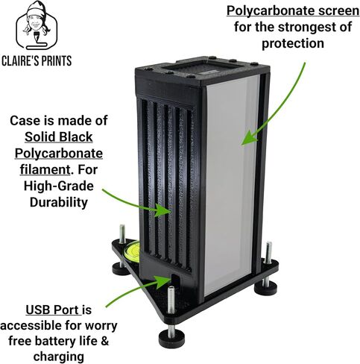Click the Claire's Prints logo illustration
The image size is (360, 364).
pyautogui.click(x=37, y=25)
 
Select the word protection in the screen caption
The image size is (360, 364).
pyautogui.click(x=293, y=43)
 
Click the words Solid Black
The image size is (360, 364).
pyautogui.click(x=59, y=136)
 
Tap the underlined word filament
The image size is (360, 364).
pyautogui.click(x=45, y=169)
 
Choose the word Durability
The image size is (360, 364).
pyautogui.click(x=59, y=202)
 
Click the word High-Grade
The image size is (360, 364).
pyautogui.click(x=59, y=186)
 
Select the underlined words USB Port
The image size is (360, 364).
pyautogui.click(x=52, y=310)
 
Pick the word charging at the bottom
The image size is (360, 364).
pyautogui.click(x=59, y=357)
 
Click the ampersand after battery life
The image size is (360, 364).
pyautogui.click(x=105, y=341)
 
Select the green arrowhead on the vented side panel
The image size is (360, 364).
pyautogui.click(x=163, y=210)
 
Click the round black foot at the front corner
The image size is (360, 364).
pyautogui.click(x=172, y=338)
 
